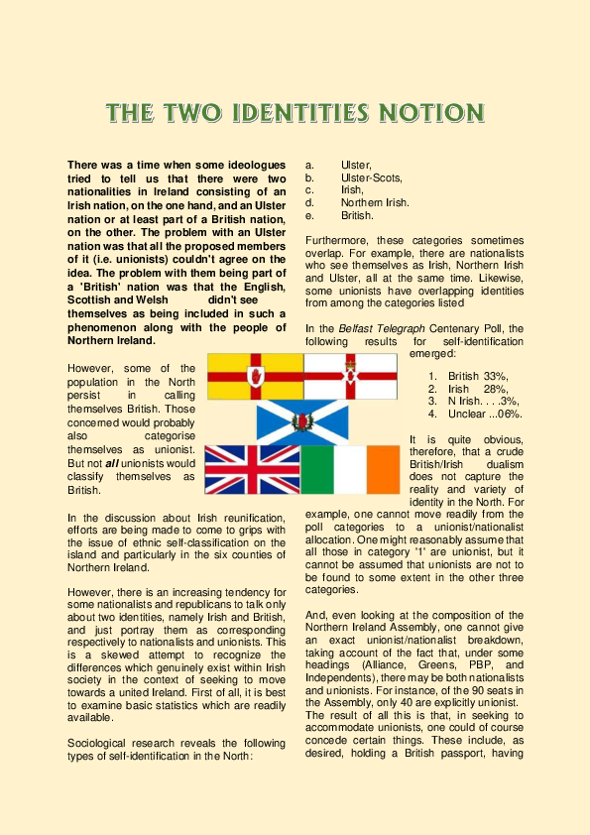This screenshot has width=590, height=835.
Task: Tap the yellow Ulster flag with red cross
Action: click(x=255, y=376)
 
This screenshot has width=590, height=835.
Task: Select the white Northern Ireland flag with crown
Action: click(x=350, y=376)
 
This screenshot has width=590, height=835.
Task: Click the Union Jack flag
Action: click(x=252, y=469)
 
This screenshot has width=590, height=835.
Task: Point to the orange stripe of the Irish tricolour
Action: click(x=380, y=469)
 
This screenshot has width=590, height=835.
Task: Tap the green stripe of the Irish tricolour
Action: click(x=317, y=469)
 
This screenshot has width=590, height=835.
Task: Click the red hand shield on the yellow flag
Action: click(x=255, y=376)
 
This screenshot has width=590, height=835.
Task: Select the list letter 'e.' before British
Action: click(x=310, y=214)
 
